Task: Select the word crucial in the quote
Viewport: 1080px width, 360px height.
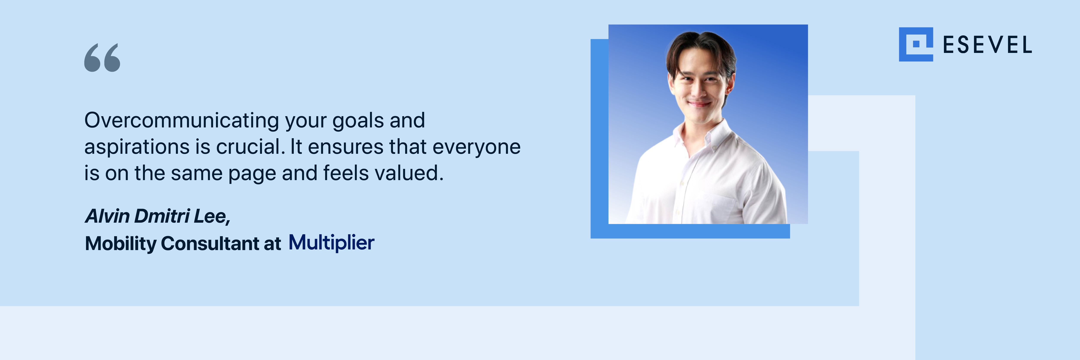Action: (250, 147)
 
